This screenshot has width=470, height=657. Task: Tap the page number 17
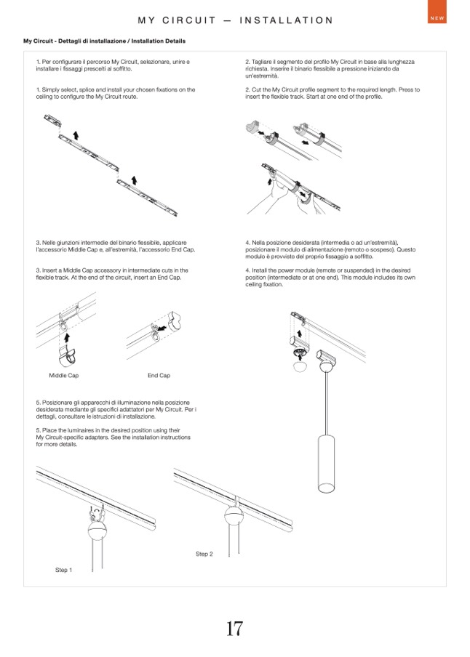(x=234, y=629)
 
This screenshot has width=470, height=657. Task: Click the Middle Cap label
(x=63, y=376)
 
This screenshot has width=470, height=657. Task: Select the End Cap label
(x=159, y=376)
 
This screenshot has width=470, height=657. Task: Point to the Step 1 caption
(x=64, y=571)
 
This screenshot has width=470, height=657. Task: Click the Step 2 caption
(x=204, y=554)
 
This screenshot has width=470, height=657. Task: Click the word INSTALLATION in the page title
(x=286, y=20)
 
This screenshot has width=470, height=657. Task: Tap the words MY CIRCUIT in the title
(x=177, y=20)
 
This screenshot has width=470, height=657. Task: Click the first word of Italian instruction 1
(x=46, y=63)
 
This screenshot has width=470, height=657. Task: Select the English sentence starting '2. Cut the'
(x=332, y=93)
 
